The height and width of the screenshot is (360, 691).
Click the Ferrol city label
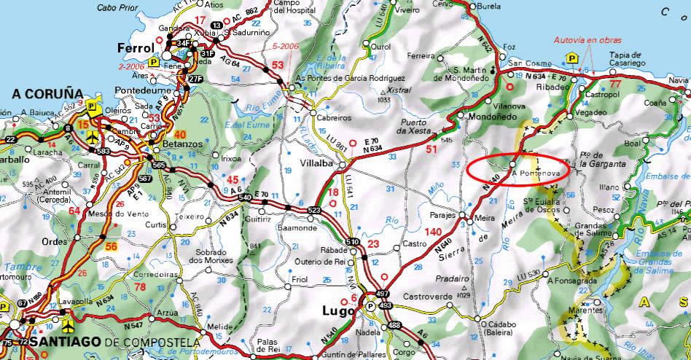tap(135, 47)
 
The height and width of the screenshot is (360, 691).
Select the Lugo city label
tap(337, 311)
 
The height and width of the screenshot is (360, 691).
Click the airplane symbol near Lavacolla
tap(68, 320)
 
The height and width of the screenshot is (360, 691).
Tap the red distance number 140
tap(432, 231)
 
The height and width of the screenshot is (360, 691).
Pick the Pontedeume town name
tap(139, 91)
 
